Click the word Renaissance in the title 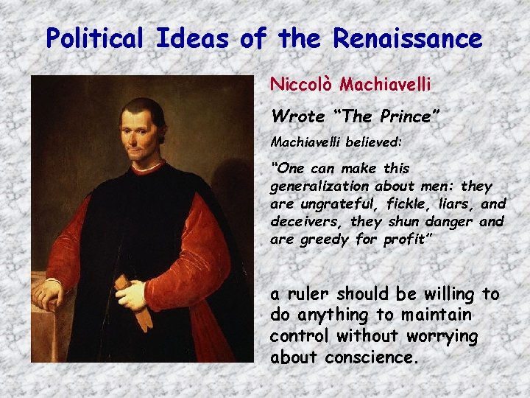coord(408,38)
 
